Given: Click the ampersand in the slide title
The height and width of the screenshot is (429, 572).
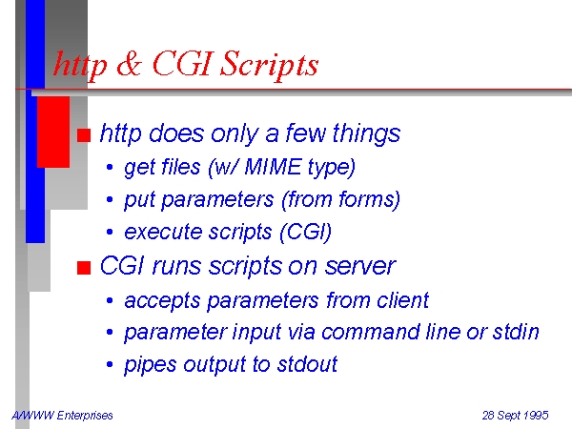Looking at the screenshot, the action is [129, 64].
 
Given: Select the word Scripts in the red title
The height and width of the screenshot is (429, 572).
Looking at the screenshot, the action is [269, 66].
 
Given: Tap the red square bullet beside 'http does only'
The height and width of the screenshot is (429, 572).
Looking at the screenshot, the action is [84, 135].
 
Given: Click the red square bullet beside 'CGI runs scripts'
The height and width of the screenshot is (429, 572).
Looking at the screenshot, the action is [84, 268].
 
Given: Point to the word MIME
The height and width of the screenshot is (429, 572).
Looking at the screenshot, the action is [273, 167].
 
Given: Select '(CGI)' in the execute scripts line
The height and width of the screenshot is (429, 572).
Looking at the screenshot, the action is [306, 232].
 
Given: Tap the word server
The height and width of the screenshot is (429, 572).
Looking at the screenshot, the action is [360, 266].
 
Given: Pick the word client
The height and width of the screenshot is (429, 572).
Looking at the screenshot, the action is [402, 300].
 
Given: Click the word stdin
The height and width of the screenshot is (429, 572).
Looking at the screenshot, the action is [516, 332].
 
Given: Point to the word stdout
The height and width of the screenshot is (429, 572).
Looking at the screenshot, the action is [307, 364].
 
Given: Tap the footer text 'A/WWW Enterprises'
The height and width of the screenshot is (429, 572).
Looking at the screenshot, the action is [62, 415].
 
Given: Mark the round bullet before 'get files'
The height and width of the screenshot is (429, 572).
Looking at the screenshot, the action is [110, 168].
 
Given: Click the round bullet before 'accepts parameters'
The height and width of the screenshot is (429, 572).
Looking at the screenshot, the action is [110, 300].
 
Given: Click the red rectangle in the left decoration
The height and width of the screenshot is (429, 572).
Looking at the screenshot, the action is [53, 133].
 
